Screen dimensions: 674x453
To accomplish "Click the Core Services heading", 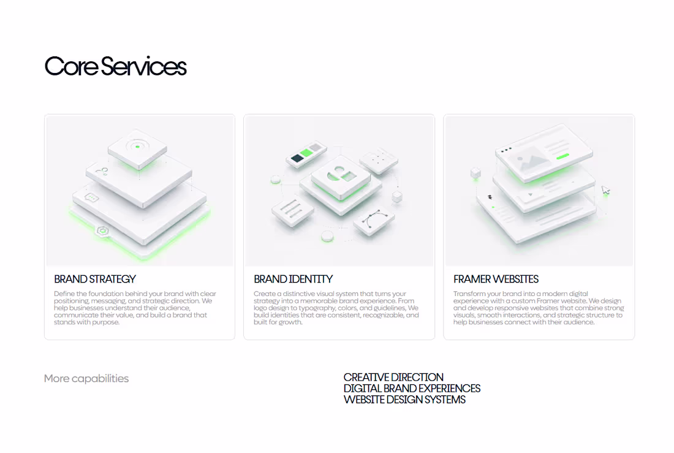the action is (x=115, y=66).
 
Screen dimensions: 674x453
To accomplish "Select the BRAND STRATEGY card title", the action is (x=94, y=279).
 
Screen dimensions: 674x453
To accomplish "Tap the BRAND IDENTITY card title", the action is (x=293, y=279).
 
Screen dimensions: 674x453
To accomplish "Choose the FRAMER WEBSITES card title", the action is (x=496, y=279).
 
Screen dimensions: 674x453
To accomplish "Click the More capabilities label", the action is (x=86, y=379).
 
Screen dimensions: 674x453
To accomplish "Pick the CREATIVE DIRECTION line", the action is (x=393, y=377).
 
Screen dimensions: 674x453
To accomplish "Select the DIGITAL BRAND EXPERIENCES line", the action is (x=412, y=389).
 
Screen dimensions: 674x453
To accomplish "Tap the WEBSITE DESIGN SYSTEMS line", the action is (x=404, y=400).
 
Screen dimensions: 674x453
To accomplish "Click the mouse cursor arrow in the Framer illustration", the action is (x=605, y=190).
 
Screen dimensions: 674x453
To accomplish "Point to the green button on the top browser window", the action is (x=562, y=156).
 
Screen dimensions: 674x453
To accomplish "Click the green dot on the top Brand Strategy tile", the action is (x=137, y=147).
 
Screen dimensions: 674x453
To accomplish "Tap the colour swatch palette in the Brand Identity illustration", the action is (x=306, y=154).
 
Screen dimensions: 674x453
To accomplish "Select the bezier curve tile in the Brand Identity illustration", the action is (x=374, y=221).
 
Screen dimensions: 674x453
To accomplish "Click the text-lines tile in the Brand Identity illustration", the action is (x=293, y=211).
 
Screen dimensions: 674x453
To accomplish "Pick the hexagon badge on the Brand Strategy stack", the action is (x=102, y=231).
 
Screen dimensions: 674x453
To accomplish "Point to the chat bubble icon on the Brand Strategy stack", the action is (x=91, y=197).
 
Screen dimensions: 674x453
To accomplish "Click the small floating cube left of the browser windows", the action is (x=475, y=173).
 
